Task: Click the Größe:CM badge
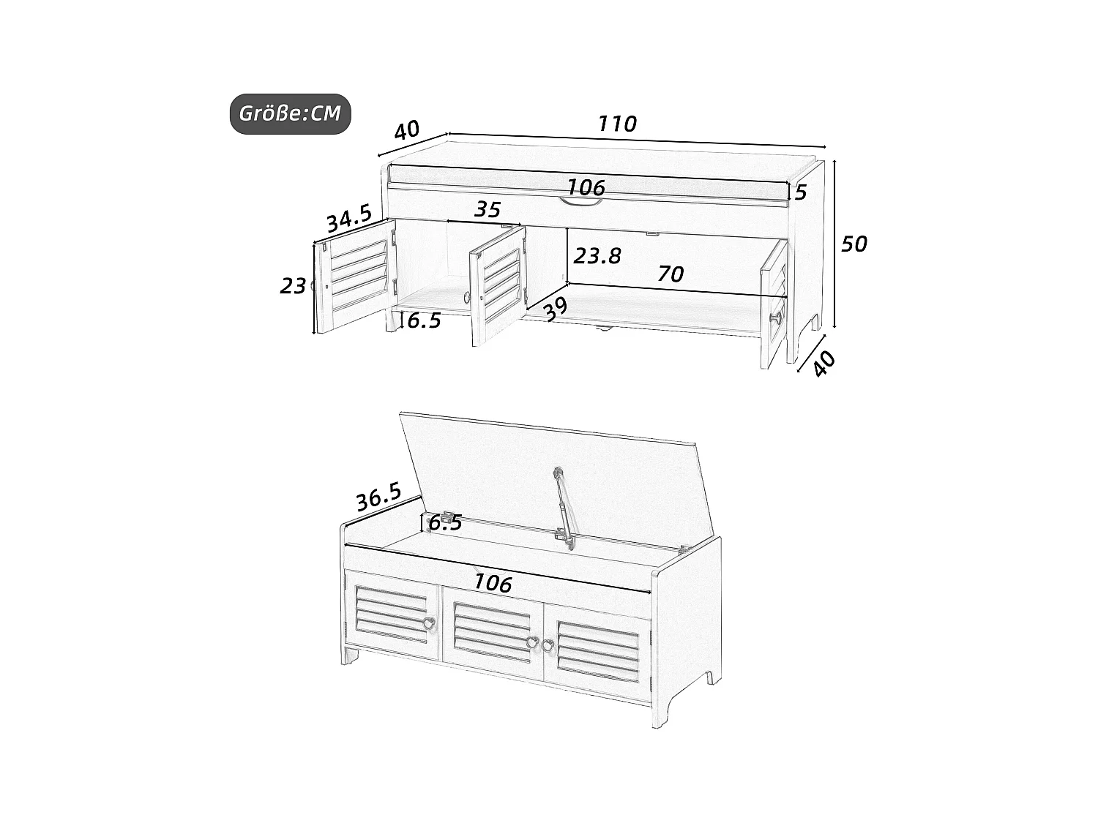pyautogui.click(x=290, y=114)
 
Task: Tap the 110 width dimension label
pyautogui.click(x=617, y=124)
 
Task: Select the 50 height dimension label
pyautogui.click(x=854, y=244)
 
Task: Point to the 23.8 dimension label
pyautogui.click(x=597, y=255)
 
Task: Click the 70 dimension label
pyautogui.click(x=670, y=274)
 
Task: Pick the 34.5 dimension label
pyautogui.click(x=348, y=219)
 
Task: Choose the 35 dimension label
pyautogui.click(x=488, y=210)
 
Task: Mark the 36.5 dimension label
pyautogui.click(x=378, y=497)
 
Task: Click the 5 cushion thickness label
pyautogui.click(x=800, y=192)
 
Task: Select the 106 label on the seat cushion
pyautogui.click(x=586, y=187)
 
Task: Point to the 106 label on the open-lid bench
pyautogui.click(x=493, y=582)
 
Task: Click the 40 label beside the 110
pyautogui.click(x=407, y=131)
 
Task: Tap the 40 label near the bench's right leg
pyautogui.click(x=825, y=364)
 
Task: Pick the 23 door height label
pyautogui.click(x=293, y=286)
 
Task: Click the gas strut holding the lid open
pyautogui.click(x=562, y=505)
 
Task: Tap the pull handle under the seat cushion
pyautogui.click(x=583, y=203)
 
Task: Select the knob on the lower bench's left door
pyautogui.click(x=429, y=624)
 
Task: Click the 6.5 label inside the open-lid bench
pyautogui.click(x=445, y=522)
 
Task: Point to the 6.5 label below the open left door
pyautogui.click(x=424, y=320)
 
